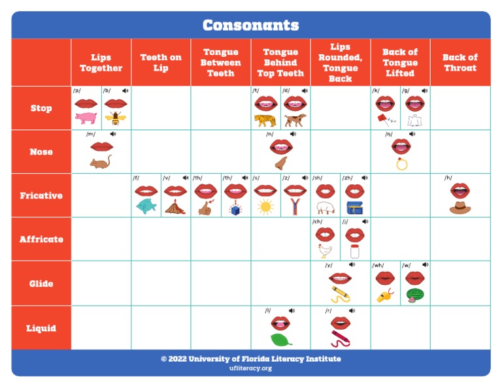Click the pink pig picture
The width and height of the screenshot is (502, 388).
tap(86, 118)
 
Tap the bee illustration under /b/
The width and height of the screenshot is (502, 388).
tap(116, 118)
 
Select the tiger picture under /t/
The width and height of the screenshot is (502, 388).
tap(265, 120)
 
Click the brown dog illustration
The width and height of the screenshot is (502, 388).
tap(295, 120)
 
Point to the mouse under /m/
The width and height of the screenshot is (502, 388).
tap(101, 162)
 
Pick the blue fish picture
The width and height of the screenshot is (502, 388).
tap(146, 206)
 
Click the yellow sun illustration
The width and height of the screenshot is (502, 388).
tap(265, 207)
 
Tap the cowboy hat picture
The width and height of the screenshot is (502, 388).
tap(460, 207)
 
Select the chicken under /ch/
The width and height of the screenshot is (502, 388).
tap(326, 250)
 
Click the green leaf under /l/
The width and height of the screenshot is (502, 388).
tap(280, 340)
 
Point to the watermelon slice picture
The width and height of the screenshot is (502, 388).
tap(414, 295)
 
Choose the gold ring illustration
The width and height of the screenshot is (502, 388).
tap(401, 163)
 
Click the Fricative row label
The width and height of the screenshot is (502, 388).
tap(41, 195)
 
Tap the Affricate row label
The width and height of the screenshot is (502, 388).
tap(41, 239)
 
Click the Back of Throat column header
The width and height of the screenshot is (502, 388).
tap(460, 63)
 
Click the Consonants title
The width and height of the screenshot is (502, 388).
tap(250, 25)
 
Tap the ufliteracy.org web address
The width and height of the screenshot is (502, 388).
tap(250, 368)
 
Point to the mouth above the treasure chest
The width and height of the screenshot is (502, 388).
tap(354, 191)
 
